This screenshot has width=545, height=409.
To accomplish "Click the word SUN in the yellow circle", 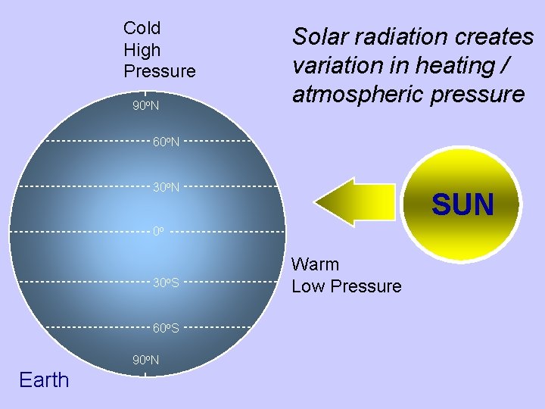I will coord(462,204).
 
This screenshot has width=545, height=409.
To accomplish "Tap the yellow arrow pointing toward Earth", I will coord(355,202).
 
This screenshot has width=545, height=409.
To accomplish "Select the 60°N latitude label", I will coord(166,142).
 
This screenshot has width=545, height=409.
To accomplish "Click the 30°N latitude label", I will coord(166,186).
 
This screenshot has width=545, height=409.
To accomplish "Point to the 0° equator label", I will coord(158,230).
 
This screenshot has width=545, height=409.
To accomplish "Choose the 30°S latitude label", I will coord(166,283).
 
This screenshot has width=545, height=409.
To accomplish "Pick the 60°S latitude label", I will coord(166,328).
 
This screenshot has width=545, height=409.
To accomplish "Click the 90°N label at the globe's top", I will coord(145,105).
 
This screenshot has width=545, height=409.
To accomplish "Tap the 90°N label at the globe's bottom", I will coord(145,360).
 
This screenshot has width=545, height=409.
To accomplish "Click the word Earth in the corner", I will coord(44,379).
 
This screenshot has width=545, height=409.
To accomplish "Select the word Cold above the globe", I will coord(142,29).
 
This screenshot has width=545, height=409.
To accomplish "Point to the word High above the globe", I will coord(142,50).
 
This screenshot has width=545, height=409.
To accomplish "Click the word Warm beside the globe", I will coord(316,264).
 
